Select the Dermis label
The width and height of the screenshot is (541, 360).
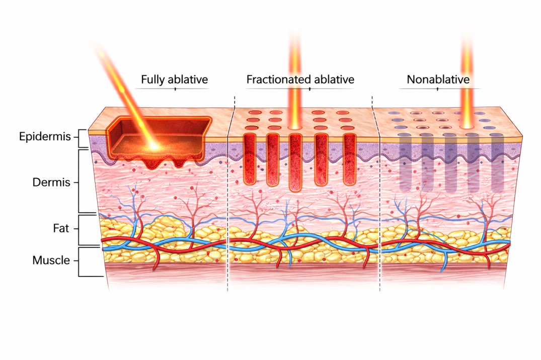(x=51, y=183)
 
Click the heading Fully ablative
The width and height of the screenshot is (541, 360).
(x=174, y=79)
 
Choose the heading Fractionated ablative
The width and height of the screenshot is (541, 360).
(x=300, y=79)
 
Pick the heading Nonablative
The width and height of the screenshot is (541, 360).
(x=438, y=79)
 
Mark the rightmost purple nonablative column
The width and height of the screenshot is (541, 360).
(x=497, y=163)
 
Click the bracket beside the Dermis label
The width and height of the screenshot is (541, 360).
(x=80, y=182)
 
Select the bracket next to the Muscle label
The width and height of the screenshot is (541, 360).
(x=80, y=261)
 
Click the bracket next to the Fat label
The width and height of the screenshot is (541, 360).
(x=80, y=229)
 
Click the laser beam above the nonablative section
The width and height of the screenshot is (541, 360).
(x=467, y=75)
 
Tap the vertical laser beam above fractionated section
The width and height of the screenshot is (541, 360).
(x=295, y=75)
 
